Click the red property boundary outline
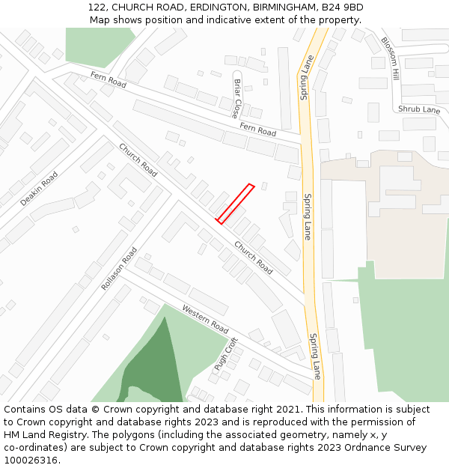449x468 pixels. (x=236, y=203)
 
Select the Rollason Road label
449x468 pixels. (x=120, y=269)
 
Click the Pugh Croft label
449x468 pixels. (x=226, y=354)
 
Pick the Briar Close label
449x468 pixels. (x=236, y=99)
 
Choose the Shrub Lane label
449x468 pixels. (x=419, y=109)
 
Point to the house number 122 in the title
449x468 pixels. (x=97, y=7)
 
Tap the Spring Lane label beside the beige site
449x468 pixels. (x=308, y=216)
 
